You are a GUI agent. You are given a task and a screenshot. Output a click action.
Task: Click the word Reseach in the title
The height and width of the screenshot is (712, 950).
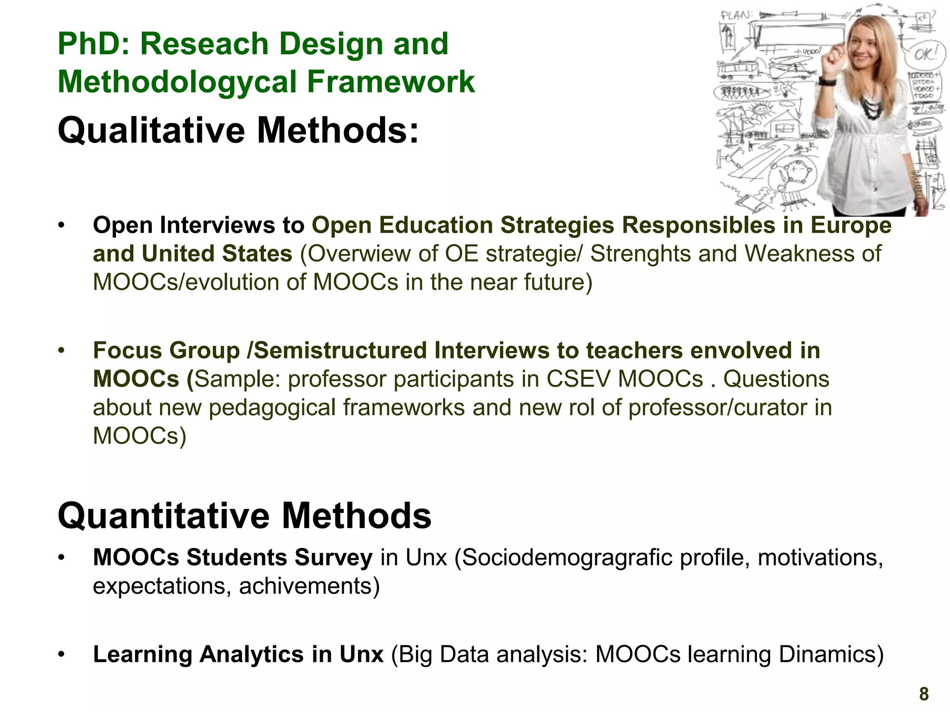click(x=204, y=44)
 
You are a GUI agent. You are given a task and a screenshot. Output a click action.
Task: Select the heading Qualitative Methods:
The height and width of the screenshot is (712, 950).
click(x=238, y=131)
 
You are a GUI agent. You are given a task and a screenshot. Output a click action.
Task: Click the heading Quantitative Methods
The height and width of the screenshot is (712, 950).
click(x=244, y=516)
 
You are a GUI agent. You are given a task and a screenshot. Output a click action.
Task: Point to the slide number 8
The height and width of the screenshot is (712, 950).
click(x=924, y=694)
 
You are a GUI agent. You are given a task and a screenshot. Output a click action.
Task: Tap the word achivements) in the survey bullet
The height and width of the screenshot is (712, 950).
click(x=309, y=586)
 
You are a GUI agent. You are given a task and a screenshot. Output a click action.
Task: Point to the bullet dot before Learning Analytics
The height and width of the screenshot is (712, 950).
click(x=61, y=655)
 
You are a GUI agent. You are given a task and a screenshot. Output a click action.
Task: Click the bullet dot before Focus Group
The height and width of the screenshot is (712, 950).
click(x=61, y=351)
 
